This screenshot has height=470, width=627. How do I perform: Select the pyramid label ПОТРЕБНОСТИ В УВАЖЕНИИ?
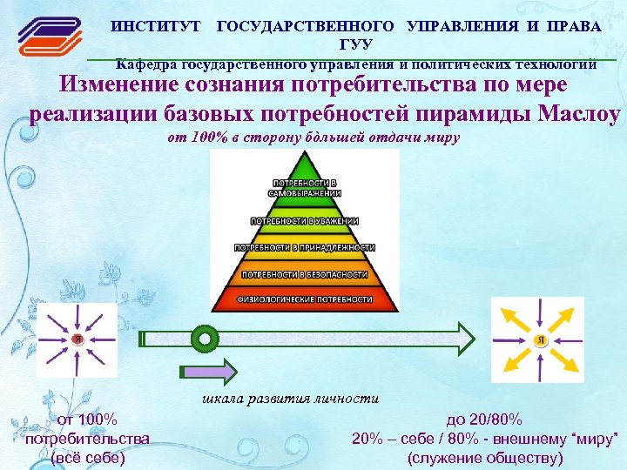click(305, 220)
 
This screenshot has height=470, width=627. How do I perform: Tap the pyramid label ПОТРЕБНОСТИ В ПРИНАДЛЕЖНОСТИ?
click(305, 247)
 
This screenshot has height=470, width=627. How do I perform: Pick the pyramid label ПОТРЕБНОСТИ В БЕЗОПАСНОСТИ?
click(305, 273)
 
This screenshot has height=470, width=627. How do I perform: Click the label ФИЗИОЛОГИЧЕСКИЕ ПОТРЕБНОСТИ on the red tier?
click(305, 299)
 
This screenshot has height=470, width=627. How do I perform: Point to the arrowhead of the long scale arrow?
click(466, 336)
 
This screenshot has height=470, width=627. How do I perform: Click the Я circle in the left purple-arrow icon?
click(77, 339)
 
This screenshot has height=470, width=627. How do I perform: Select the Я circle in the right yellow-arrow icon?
click(540, 338)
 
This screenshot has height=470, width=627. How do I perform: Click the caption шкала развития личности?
click(290, 399)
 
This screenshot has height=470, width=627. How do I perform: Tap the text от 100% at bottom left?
click(87, 420)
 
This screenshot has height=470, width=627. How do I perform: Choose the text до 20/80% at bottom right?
click(485, 420)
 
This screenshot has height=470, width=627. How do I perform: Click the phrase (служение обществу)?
click(485, 458)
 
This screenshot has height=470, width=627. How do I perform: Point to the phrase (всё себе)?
click(88, 458)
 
